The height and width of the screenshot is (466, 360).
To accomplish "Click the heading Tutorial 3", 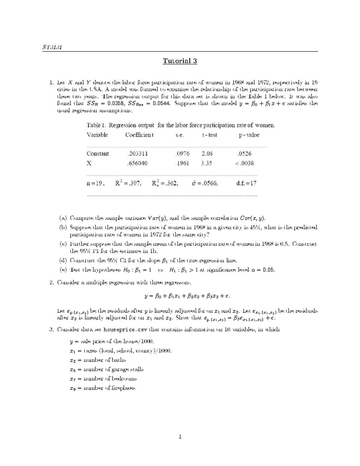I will pos(180,61).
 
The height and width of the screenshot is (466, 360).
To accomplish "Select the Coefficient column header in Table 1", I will pos(139,135).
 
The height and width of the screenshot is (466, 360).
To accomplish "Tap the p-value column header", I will pos(249,135).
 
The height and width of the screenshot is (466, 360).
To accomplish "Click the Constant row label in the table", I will pos(97,154).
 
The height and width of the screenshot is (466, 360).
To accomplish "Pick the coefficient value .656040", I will pos(137,163).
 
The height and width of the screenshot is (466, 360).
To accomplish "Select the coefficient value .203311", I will pos(137,154).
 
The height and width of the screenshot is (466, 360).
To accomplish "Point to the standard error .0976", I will pos(182,154).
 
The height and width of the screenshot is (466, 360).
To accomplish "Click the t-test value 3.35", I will pos(207,163).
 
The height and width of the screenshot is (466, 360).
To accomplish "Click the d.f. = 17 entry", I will pos(246,183).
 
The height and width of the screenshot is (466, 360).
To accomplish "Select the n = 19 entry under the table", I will pos(96,183).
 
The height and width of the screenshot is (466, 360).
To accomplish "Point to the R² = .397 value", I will pos(128,183).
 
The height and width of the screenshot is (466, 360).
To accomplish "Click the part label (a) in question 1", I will pos(63,218).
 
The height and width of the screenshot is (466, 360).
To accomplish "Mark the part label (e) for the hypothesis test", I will pos(63,270).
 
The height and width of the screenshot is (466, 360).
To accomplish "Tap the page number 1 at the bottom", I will pos(180,437).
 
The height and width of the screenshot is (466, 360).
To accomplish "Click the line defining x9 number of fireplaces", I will pos(102,388).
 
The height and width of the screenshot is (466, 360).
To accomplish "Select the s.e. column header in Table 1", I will pos(179,135).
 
